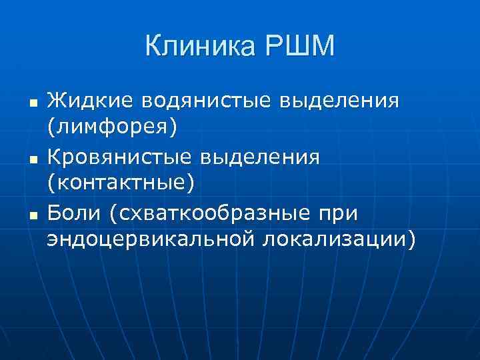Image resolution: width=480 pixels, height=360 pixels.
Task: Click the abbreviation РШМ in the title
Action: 299,47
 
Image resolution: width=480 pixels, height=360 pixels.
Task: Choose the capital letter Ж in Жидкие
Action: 56,101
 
